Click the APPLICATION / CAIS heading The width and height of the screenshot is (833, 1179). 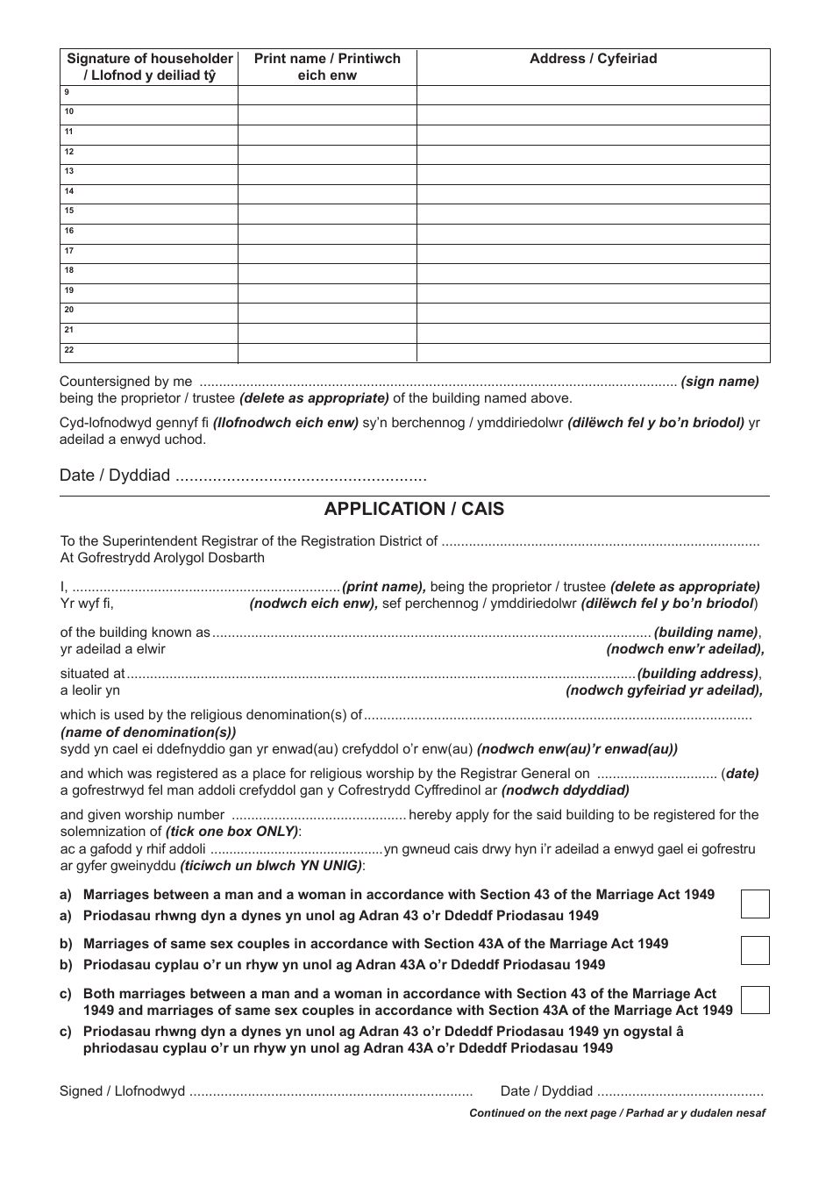[414, 510]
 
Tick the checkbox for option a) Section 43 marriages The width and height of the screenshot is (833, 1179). [754, 904]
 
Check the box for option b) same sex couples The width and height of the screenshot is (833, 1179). [754, 950]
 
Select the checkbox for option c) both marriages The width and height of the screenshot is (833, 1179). [754, 1000]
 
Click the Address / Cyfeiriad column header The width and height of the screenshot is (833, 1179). [593, 59]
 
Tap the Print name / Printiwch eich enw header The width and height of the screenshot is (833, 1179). [327, 67]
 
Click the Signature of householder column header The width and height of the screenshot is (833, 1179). [150, 67]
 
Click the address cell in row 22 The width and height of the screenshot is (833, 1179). [593, 353]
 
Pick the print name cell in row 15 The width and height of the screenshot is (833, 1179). [327, 214]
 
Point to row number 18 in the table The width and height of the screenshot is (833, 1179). [69, 271]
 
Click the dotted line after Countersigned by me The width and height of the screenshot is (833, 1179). [438, 382]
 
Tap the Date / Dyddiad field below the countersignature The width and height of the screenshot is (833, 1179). [301, 477]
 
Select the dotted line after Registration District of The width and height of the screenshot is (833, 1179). [600, 542]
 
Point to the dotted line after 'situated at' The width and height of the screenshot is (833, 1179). [381, 675]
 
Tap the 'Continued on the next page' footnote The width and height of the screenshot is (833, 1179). [617, 1113]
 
